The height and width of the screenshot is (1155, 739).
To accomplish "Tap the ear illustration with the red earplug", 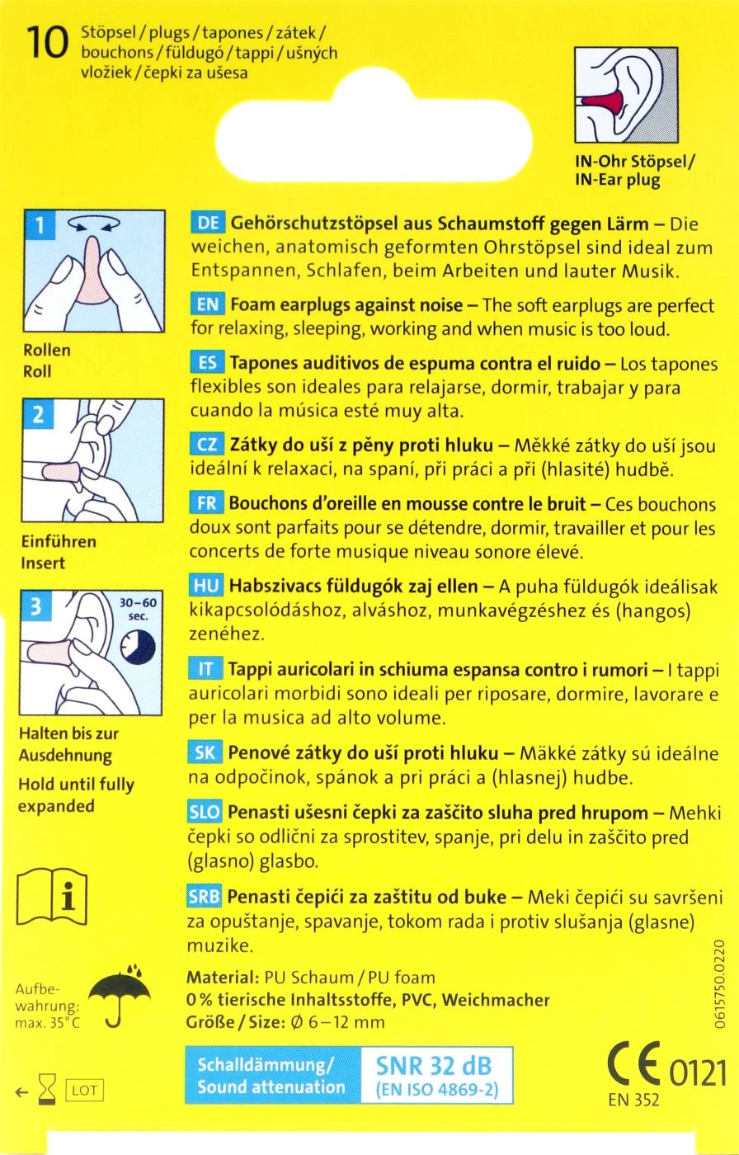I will pyautogui.click(x=629, y=96).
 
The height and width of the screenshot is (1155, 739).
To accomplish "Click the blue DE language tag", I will pyautogui.click(x=207, y=224).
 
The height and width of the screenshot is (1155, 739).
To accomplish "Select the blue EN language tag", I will pyautogui.click(x=207, y=304).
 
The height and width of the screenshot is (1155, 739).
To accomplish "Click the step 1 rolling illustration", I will pyautogui.click(x=93, y=269).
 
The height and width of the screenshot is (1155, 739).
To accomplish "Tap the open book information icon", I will pyautogui.click(x=52, y=894).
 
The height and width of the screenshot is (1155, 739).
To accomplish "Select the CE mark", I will pyautogui.click(x=633, y=1065).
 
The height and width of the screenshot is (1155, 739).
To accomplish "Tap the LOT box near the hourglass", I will pyautogui.click(x=83, y=1091).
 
